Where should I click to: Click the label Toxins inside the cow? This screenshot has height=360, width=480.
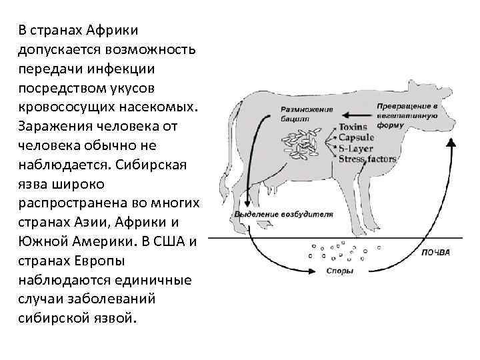click(x=354, y=127)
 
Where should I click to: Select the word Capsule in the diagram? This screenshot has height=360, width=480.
click(x=357, y=138)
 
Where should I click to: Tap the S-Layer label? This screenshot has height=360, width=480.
click(x=359, y=149)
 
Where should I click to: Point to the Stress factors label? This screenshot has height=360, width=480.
click(x=367, y=159)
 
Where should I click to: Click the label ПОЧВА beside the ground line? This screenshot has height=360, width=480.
click(x=436, y=253)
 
